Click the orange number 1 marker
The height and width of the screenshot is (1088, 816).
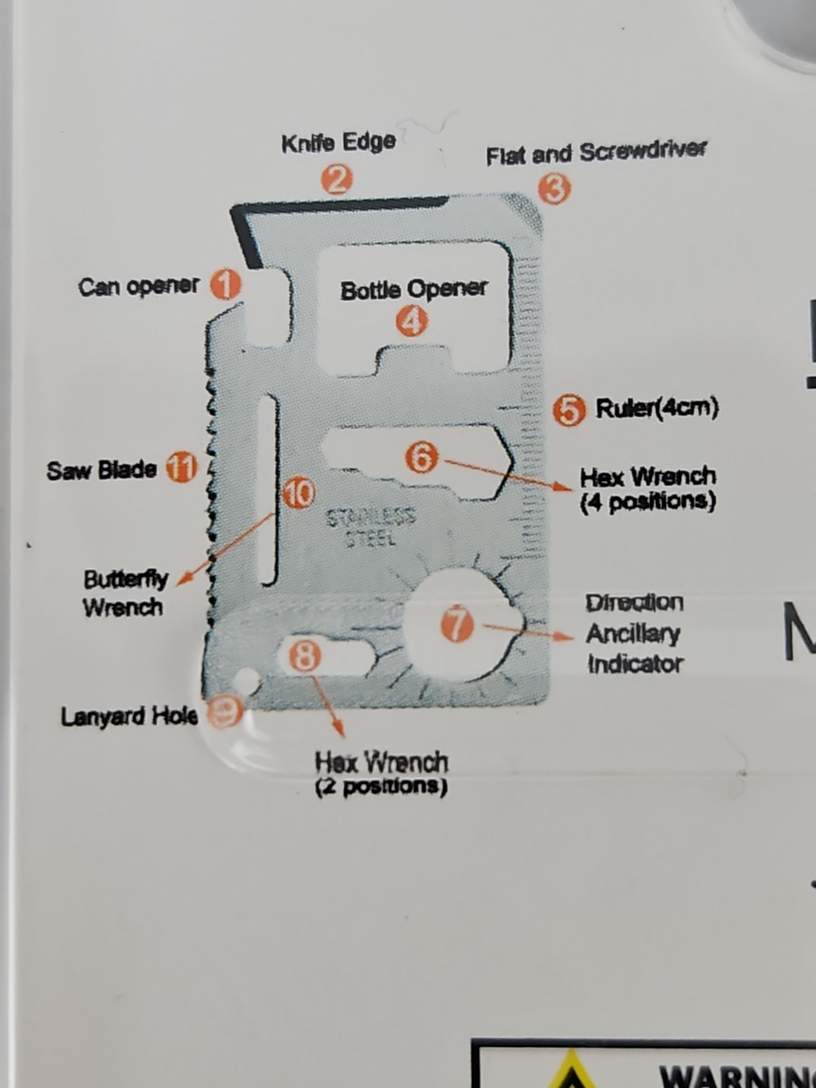[x=226, y=286]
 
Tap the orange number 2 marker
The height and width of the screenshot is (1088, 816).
[x=337, y=180]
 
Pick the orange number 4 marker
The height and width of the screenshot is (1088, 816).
[x=411, y=321]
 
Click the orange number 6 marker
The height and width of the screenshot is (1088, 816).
[x=422, y=457]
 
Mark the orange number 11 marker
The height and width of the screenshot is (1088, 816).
[x=181, y=468]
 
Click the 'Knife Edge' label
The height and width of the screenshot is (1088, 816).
[x=339, y=143]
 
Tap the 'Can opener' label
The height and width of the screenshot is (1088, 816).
[x=138, y=286]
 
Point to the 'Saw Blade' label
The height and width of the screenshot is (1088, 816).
[x=101, y=470]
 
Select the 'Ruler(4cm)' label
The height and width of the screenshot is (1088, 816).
[x=657, y=409]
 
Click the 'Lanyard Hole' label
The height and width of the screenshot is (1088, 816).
[x=129, y=716]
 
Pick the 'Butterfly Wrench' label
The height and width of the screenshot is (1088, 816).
[x=125, y=594]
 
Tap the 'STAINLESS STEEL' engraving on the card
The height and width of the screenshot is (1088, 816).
[x=371, y=526]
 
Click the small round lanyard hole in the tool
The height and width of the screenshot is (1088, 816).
[x=248, y=678]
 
